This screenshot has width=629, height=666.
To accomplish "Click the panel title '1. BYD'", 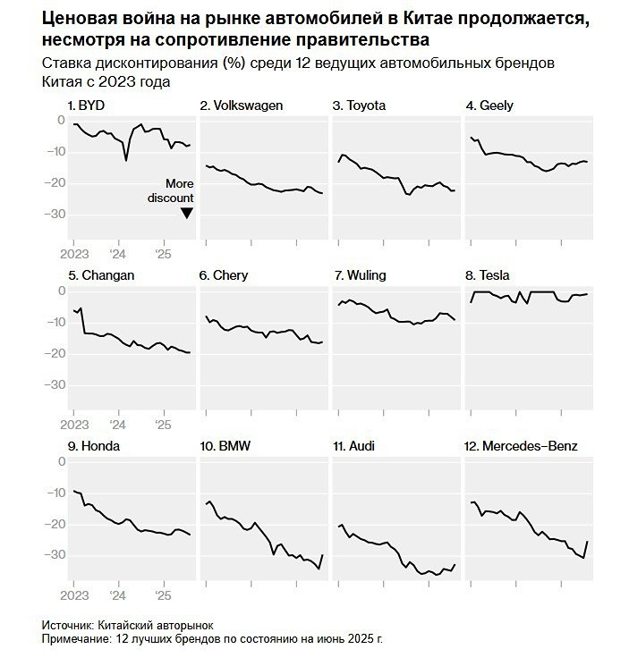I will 87,105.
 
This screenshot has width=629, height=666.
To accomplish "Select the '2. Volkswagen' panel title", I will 241,105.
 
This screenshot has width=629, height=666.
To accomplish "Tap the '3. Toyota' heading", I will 359,105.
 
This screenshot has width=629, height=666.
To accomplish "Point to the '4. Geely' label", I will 489,105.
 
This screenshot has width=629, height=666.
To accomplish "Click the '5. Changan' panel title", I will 100,275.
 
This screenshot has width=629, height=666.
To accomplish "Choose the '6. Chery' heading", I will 224,275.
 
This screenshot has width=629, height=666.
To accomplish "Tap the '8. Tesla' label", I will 488,275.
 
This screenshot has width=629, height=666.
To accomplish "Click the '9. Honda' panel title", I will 94,445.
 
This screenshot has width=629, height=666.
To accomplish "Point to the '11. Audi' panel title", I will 356,445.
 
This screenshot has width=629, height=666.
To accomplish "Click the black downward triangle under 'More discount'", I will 186,213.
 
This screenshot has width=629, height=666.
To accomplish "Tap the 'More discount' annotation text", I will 172,190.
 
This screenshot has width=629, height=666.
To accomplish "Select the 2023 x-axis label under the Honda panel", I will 73,594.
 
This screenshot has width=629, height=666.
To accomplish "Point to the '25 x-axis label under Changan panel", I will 162,425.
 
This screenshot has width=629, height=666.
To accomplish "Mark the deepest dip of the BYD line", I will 125,160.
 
